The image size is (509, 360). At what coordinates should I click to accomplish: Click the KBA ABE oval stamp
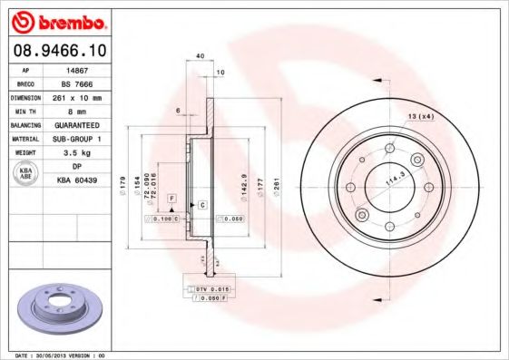[26, 174]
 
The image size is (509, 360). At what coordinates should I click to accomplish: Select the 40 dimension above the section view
[200, 55]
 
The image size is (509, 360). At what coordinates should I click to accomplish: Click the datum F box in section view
[171, 198]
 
